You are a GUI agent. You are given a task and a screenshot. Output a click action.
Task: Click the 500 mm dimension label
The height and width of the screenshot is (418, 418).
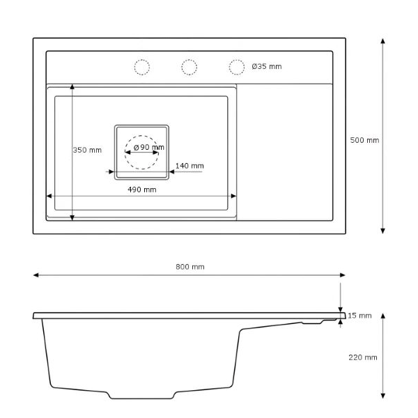pyautogui.click(x=364, y=140)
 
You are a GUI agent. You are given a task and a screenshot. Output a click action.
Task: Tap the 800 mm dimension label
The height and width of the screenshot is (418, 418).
pyautogui.click(x=190, y=267)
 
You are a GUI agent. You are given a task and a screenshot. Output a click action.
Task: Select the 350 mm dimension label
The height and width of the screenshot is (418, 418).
pyautogui.click(x=88, y=150)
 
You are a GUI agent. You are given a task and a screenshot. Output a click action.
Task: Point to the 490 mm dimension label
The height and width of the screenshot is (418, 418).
pyautogui.click(x=142, y=189)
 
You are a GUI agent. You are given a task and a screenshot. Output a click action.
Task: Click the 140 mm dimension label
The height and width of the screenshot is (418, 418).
pyautogui.click(x=189, y=166)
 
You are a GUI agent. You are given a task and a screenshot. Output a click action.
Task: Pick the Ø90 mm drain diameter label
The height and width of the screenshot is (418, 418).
pyautogui.click(x=149, y=147)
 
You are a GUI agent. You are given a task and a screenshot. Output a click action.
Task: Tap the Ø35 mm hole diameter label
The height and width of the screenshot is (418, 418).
pyautogui.click(x=267, y=66)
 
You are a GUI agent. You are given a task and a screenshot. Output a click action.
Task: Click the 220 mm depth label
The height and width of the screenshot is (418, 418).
pyautogui.click(x=363, y=357)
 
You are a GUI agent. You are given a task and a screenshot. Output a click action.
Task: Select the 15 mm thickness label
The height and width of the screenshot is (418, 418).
pyautogui.click(x=359, y=316)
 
